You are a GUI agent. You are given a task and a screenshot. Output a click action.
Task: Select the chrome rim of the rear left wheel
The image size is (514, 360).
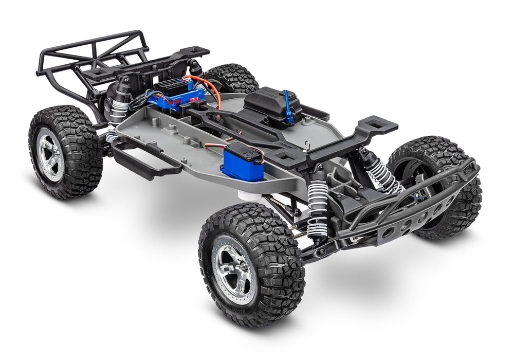click(x=50, y=154)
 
